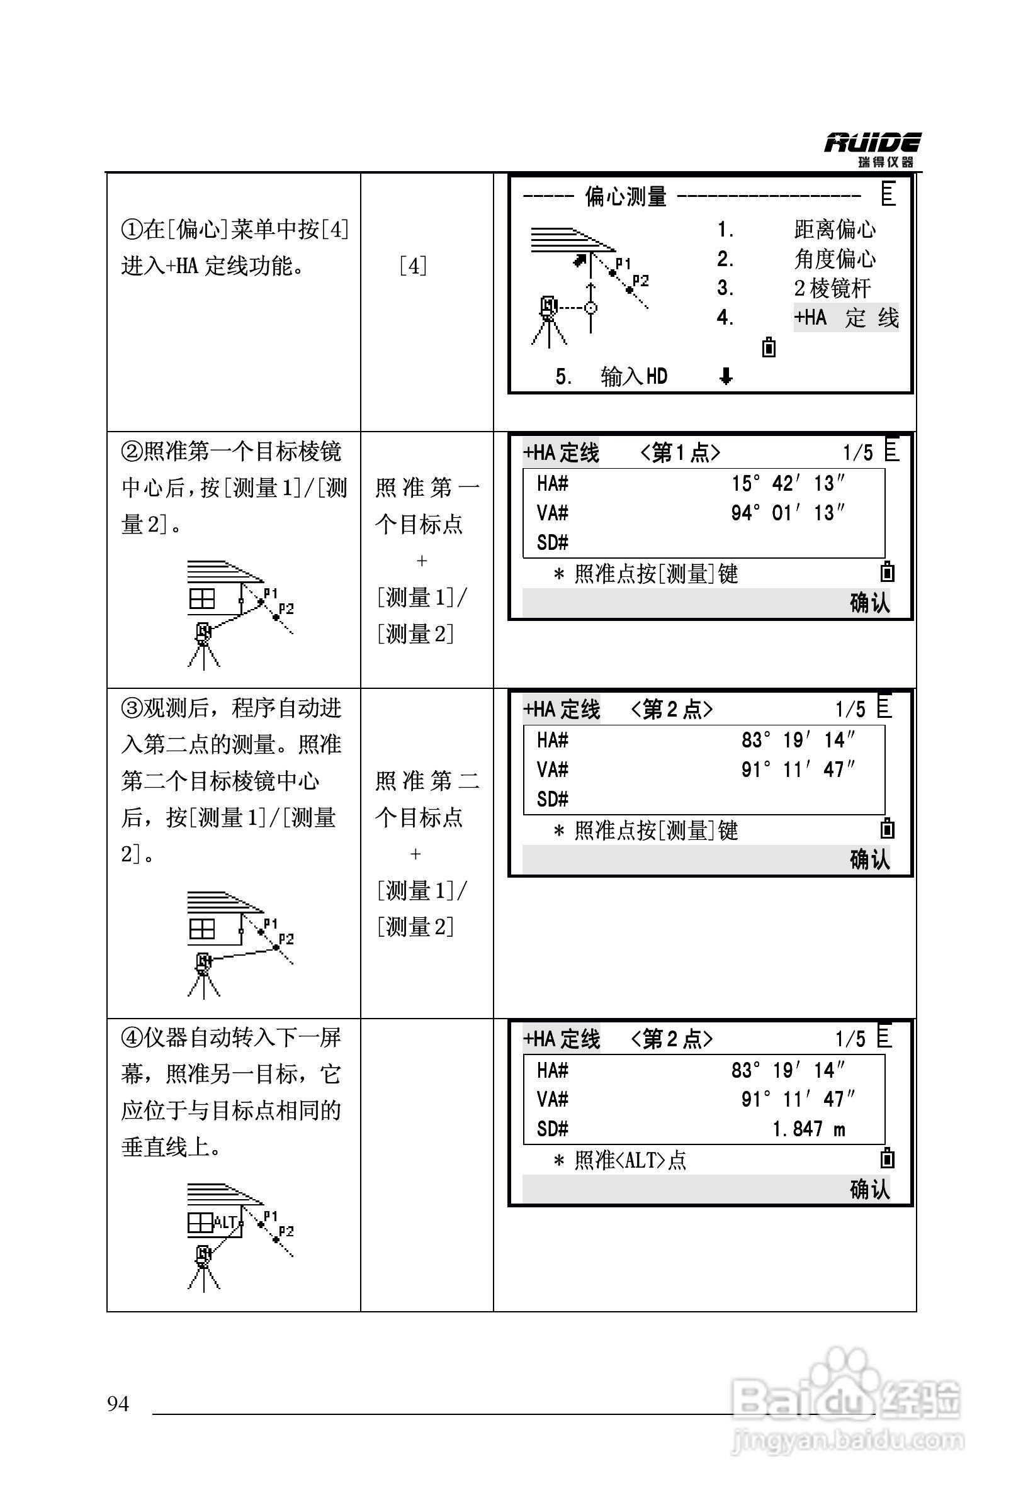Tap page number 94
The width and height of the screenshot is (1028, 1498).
click(118, 1403)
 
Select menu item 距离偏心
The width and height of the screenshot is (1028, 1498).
click(835, 230)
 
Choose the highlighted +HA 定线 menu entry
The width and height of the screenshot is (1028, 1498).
click(845, 318)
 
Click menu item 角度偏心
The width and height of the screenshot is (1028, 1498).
click(835, 259)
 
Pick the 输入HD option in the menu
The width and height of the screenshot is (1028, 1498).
click(633, 376)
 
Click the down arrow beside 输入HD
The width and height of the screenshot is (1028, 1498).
click(726, 376)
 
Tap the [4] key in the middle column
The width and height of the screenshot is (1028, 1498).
click(414, 266)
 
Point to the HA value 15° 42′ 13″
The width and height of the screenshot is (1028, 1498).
click(788, 483)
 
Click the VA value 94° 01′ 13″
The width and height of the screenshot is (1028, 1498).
click(788, 513)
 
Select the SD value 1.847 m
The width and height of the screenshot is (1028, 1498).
click(808, 1129)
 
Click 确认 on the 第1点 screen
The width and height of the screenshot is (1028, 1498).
click(869, 603)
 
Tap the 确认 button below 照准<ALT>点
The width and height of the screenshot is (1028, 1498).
click(869, 1189)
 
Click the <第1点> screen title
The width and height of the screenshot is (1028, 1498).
click(680, 452)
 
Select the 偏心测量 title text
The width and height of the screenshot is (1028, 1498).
click(625, 196)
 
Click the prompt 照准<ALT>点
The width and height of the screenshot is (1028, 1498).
click(630, 1160)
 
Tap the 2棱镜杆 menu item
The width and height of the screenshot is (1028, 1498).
click(832, 288)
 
